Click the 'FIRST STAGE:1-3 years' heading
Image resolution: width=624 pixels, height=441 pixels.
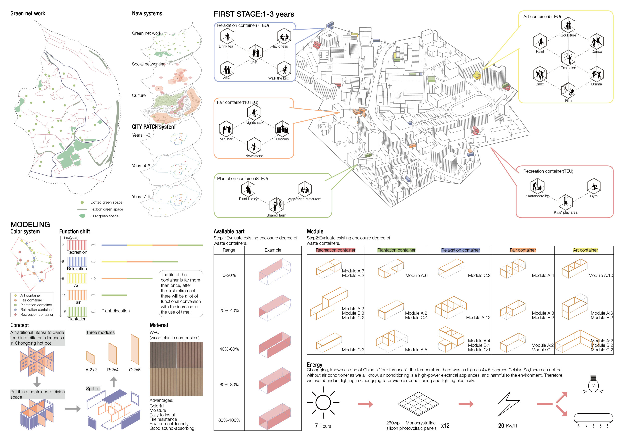(254, 14)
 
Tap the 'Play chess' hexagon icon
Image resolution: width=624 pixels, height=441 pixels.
(284, 36)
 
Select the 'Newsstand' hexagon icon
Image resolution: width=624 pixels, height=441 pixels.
(254, 145)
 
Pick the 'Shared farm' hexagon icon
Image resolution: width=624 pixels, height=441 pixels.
(276, 205)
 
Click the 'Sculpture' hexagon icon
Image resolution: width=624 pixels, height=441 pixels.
(568, 25)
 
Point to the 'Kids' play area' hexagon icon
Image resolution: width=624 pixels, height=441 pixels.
(566, 202)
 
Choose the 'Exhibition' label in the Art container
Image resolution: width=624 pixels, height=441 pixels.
(568, 68)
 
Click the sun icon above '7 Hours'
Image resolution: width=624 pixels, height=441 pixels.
(323, 402)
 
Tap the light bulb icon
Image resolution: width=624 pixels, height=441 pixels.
(593, 384)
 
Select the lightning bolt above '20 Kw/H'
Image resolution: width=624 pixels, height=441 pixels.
(508, 404)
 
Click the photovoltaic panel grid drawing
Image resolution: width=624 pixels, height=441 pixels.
(418, 404)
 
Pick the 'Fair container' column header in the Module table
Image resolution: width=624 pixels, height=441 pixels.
(523, 250)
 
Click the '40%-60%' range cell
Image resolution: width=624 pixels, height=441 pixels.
(229, 349)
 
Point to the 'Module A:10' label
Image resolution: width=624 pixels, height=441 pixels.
(600, 275)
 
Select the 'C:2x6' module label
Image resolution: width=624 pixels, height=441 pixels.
(135, 370)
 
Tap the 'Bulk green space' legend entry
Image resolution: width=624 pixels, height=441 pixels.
(104, 216)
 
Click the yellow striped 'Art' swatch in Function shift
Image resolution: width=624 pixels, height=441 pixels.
(77, 278)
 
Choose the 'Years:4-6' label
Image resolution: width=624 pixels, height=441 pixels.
(141, 166)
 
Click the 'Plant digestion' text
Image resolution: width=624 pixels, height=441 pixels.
(116, 311)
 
